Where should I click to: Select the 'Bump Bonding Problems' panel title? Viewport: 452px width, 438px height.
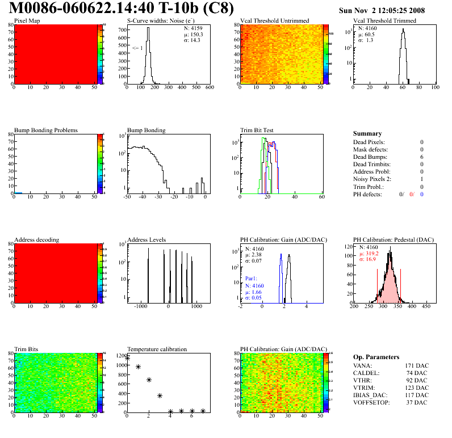(45, 130)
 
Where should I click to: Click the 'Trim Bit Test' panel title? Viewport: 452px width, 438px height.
(257, 130)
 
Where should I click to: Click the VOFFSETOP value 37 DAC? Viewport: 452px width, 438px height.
(417, 403)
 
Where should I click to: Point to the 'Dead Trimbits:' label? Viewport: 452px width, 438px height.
(372, 165)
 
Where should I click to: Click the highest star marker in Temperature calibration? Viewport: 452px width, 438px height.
(128, 358)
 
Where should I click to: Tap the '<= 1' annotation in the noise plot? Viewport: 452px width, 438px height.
(137, 48)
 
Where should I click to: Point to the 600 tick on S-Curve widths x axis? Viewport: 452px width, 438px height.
(209, 87)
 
